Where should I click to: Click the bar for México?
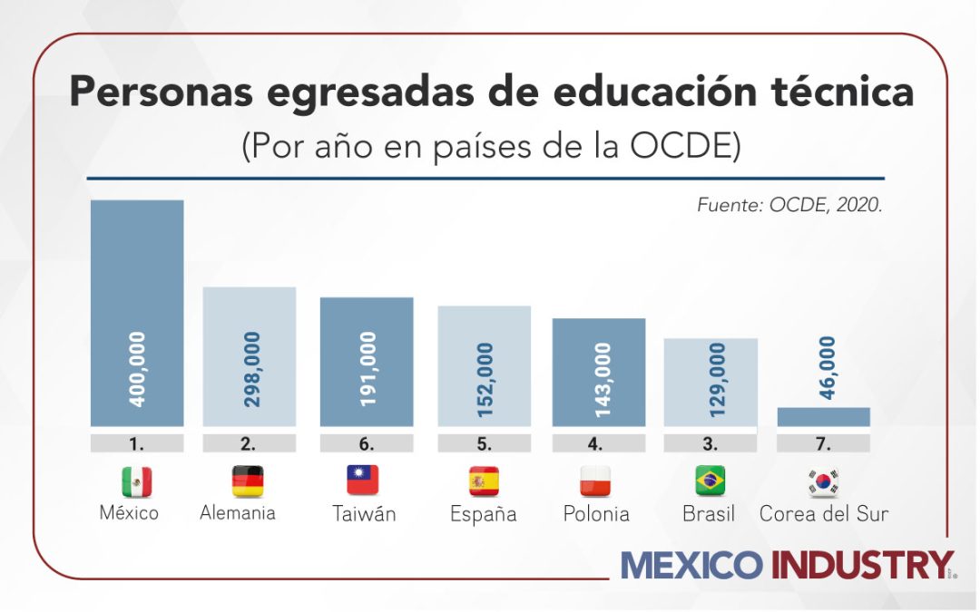pos(137,313)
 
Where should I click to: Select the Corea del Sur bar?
pos(823,416)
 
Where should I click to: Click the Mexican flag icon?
pos(137,481)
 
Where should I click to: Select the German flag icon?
pos(248,481)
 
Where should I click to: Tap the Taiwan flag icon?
pos(363,481)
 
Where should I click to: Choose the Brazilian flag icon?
pos(710,481)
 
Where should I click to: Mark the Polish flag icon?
pos(595,481)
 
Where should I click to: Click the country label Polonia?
pos(596,514)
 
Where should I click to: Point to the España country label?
pos(483,514)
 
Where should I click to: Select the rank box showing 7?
pos(823,443)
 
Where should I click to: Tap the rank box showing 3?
pos(710,443)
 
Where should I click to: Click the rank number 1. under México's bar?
pos(137,443)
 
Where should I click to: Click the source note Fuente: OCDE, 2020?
pos(789,205)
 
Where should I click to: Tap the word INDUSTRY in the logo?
pos(861,565)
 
